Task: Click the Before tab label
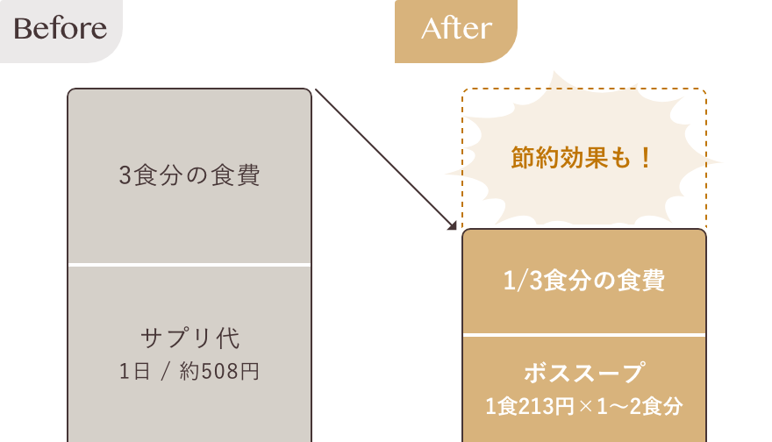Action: [61, 29]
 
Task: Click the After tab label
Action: [456, 29]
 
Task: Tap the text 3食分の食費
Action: [189, 175]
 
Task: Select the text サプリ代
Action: [189, 338]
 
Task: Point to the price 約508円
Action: [225, 371]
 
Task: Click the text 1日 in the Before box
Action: [132, 371]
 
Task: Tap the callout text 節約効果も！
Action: [583, 159]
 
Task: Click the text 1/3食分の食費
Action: [583, 282]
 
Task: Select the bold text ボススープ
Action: [583, 373]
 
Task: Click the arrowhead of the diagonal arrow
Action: [455, 225]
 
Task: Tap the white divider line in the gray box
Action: [189, 264]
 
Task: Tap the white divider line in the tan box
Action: [583, 335]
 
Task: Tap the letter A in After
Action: [431, 29]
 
